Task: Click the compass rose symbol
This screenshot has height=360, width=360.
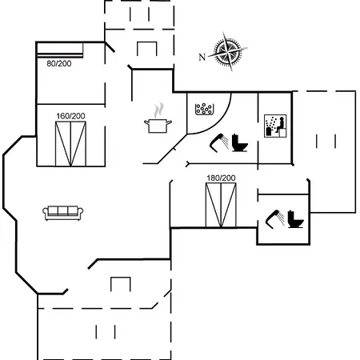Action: coord(228,52)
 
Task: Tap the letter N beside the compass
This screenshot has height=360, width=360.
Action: coord(202,57)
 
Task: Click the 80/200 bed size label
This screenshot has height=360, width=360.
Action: coord(59,63)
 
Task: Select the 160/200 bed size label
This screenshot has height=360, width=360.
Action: coord(70,116)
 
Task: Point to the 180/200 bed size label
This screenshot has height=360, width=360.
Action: coord(221,178)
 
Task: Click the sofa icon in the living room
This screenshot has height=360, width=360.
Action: coord(63,213)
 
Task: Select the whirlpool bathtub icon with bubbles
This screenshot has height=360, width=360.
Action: coord(205,109)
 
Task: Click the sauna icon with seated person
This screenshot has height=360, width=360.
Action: coord(275,126)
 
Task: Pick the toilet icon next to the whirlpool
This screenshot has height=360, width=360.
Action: coord(239,142)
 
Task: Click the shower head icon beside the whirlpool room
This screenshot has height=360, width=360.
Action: coord(219,142)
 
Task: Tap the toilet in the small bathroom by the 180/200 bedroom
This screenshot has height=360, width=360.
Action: coord(295,219)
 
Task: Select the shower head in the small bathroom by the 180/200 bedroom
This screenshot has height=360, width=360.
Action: coord(275,219)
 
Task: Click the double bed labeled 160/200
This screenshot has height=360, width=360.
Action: coord(70,144)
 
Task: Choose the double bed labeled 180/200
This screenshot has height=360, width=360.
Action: coord(221,205)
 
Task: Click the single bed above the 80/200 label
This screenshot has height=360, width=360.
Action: coord(60,50)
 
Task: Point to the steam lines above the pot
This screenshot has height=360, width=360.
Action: coord(158,110)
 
